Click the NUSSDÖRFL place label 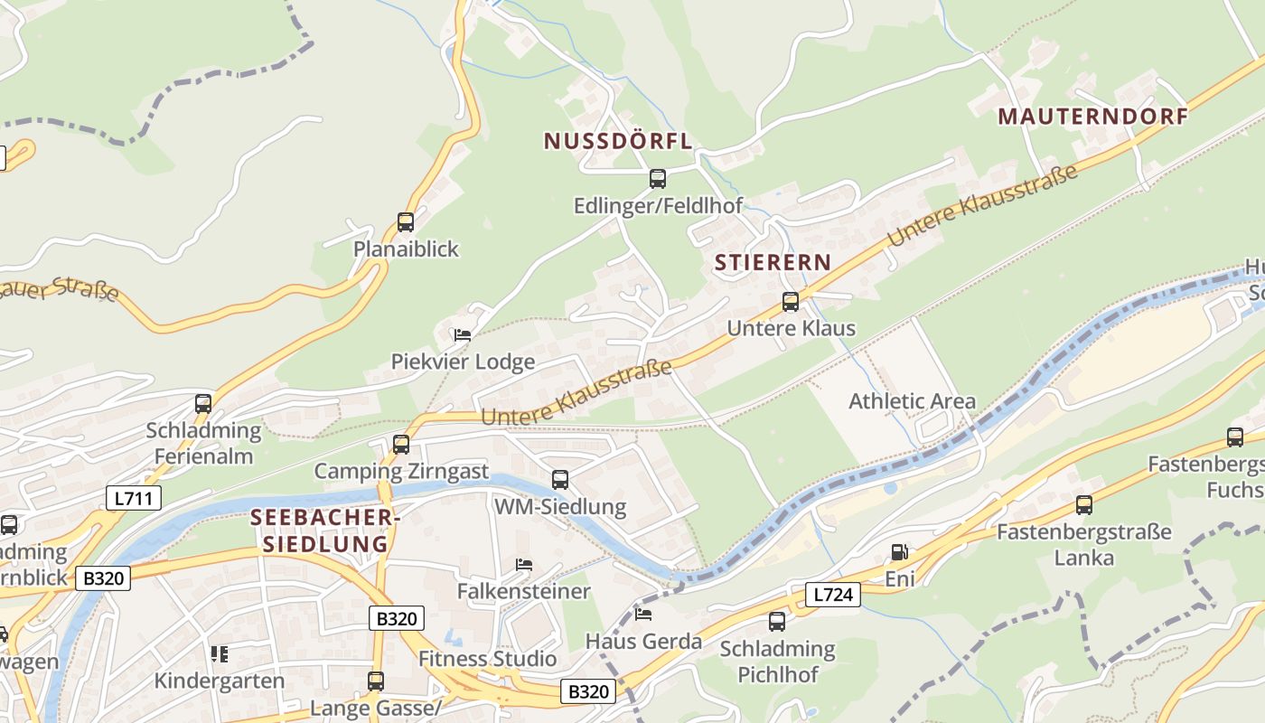618,141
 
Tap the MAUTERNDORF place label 1093,117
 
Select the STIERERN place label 773,263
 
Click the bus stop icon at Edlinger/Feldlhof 658,179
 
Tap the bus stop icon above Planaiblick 406,222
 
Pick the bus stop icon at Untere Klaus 791,302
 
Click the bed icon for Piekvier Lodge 463,335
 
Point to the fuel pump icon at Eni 900,552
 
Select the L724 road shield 832,594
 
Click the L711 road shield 133,497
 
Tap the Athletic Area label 912,401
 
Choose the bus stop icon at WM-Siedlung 560,480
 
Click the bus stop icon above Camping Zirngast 401,445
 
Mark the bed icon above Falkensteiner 524,565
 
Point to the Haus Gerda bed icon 643,615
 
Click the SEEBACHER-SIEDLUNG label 324,531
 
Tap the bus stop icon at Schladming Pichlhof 777,622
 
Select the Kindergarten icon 219,653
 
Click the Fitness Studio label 487,659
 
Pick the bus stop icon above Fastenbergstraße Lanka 1084,505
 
